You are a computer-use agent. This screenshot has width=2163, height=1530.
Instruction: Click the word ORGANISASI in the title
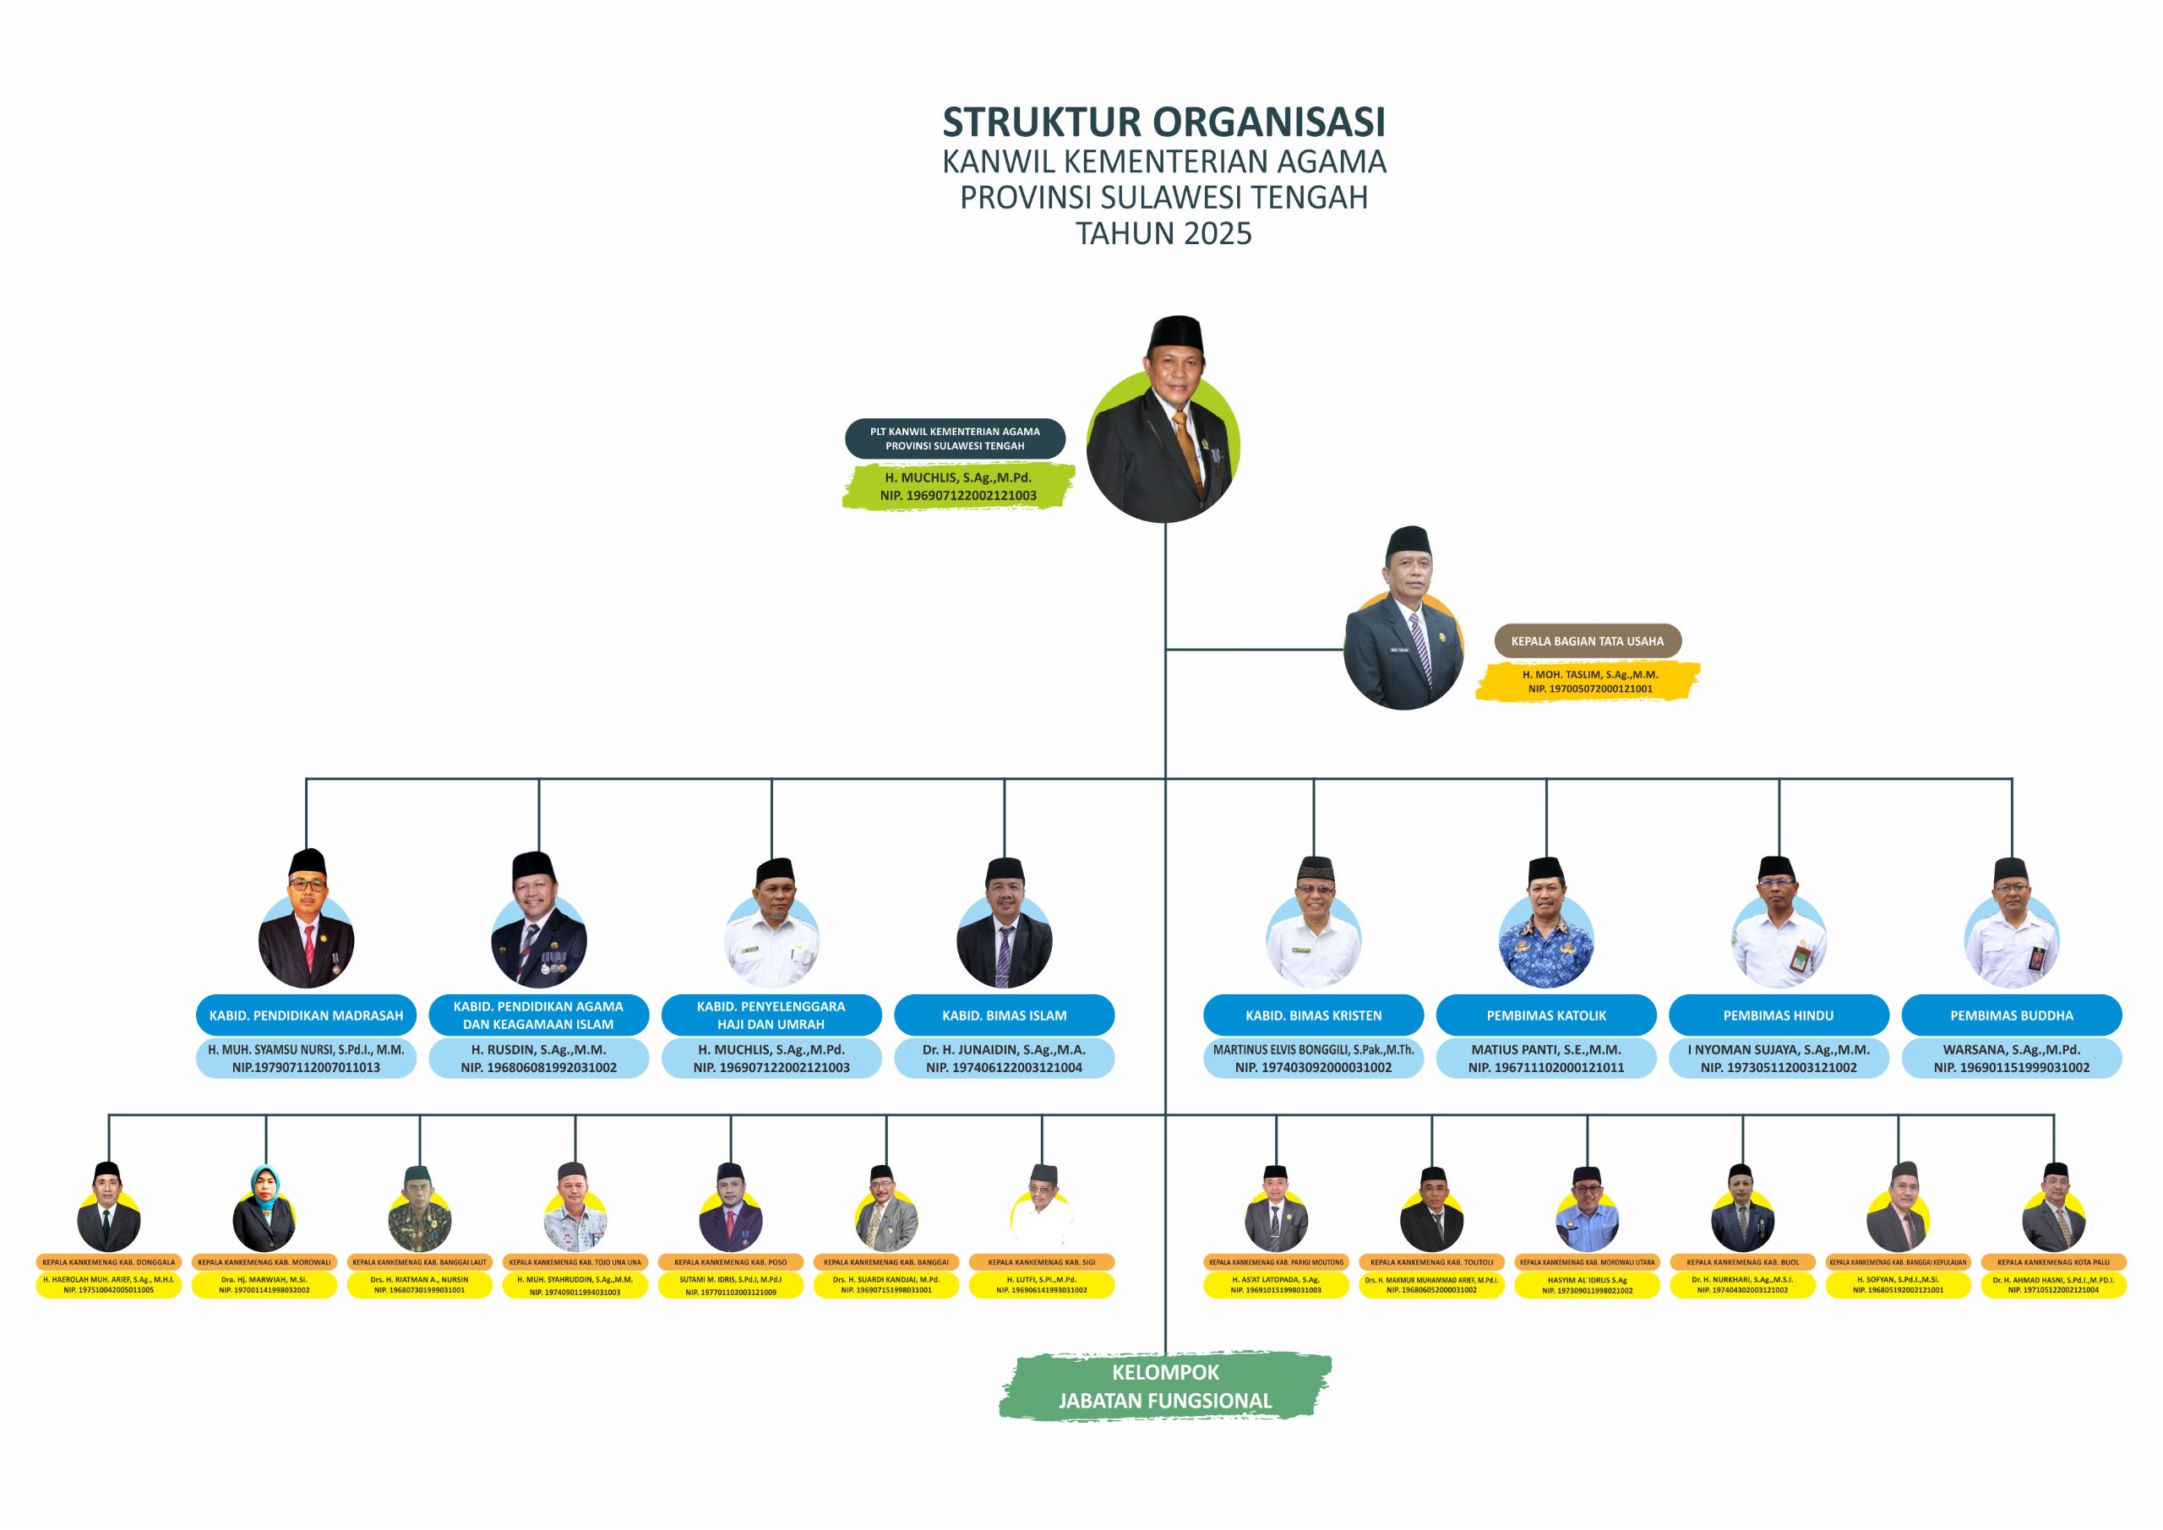coord(1269,123)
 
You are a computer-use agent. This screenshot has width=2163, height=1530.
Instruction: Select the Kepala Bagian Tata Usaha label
coord(1587,640)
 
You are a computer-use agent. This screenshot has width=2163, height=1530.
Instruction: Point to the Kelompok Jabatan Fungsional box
coord(1164,1386)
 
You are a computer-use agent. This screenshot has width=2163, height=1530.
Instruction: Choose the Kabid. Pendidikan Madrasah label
coord(306,1015)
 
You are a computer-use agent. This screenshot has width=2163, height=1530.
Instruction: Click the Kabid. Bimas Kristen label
coord(1313,1015)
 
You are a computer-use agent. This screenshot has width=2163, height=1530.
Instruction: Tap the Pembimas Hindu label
coord(1778,1015)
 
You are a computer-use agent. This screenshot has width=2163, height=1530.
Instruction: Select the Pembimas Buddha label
coord(2010,1015)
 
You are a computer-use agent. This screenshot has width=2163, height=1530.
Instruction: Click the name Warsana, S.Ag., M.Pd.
coord(2010,1049)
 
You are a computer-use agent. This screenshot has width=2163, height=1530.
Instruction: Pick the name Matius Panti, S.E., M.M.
coord(1546,1049)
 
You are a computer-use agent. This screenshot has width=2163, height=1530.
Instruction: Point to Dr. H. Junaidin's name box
coord(1005,1058)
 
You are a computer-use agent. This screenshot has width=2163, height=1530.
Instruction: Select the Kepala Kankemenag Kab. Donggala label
coord(108,1262)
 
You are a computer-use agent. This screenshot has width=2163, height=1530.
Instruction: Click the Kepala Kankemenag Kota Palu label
coord(2053,1262)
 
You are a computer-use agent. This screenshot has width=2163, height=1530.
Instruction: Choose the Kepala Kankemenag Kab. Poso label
coord(730,1262)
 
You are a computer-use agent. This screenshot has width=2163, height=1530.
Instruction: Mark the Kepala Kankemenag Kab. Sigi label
coord(1041,1262)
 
